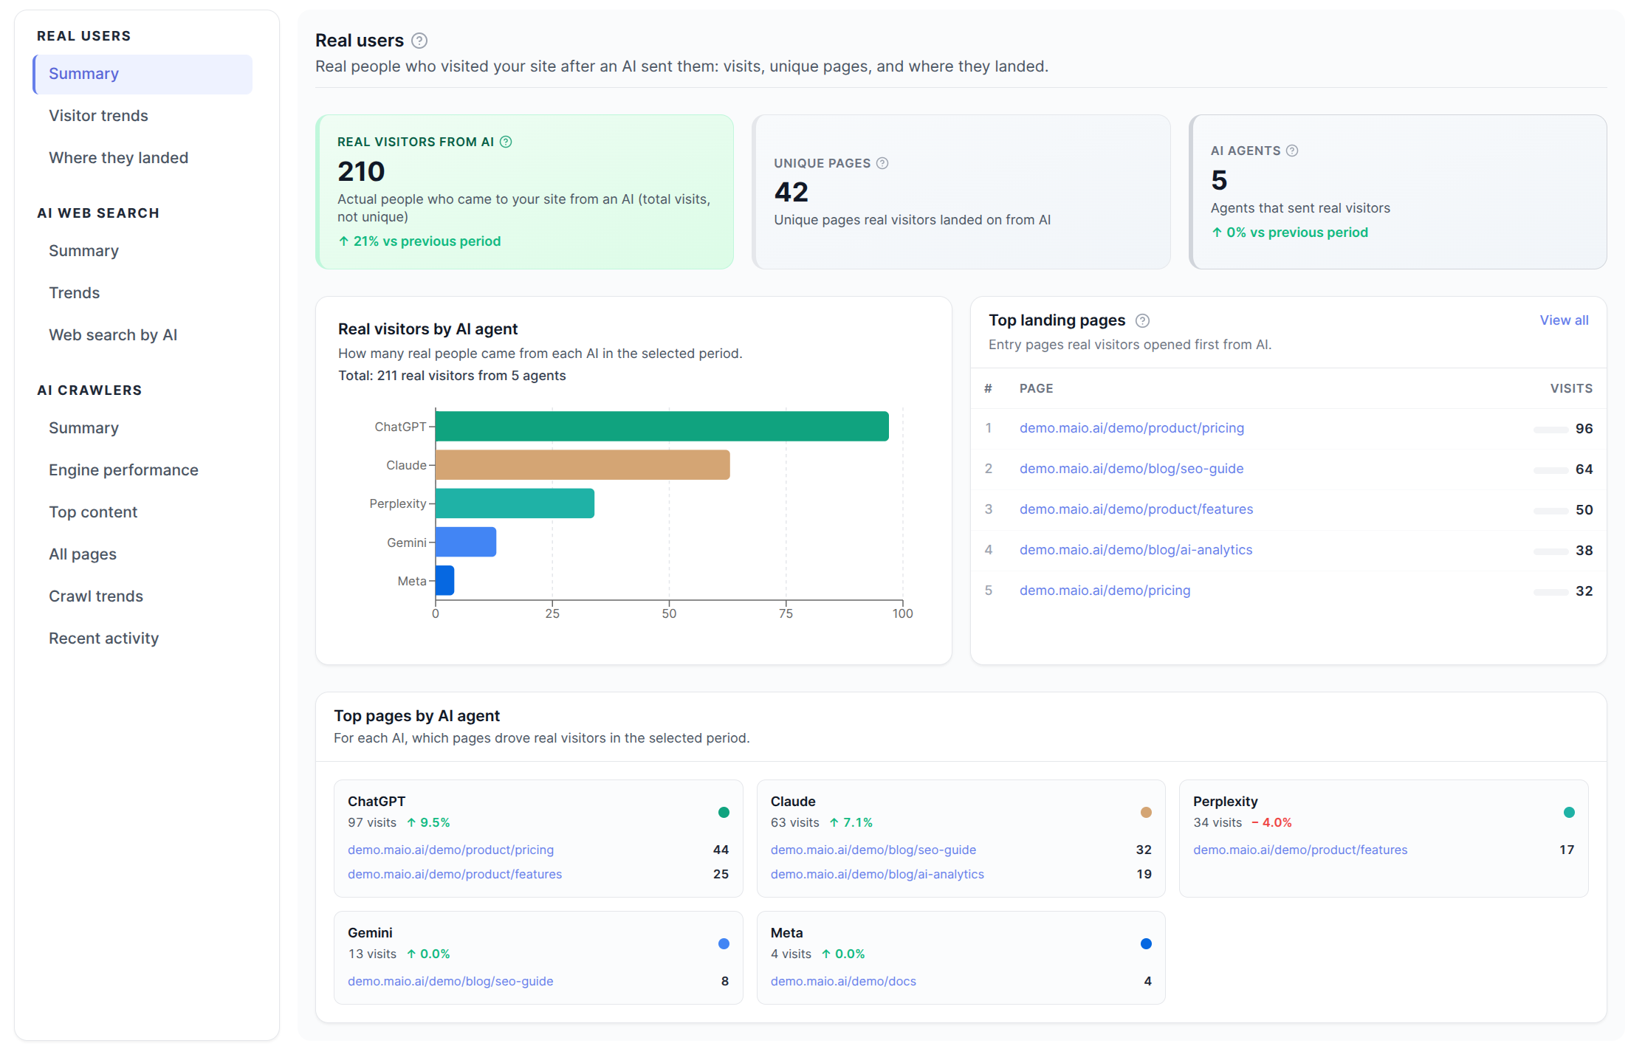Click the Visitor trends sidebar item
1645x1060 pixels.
(x=98, y=116)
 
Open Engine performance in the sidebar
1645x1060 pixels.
(x=123, y=470)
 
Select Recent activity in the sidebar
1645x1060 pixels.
(x=103, y=639)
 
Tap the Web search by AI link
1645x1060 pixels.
(x=113, y=335)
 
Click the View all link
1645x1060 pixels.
(x=1563, y=320)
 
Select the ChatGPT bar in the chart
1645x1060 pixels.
(x=662, y=427)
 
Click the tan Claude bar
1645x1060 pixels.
(x=582, y=465)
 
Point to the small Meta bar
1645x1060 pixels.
(x=444, y=580)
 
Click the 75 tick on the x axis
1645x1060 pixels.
(x=785, y=613)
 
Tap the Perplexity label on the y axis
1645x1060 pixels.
(x=397, y=503)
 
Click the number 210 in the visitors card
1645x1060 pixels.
(x=361, y=172)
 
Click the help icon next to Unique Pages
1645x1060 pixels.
(x=882, y=163)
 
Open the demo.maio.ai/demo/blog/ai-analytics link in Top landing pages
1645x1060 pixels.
(x=1136, y=550)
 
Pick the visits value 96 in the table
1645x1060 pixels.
(x=1584, y=429)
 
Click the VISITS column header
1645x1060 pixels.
(x=1570, y=388)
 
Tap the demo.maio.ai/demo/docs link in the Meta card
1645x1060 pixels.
(x=843, y=981)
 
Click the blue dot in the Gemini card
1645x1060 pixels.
(x=724, y=943)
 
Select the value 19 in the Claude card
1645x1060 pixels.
(x=1144, y=874)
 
